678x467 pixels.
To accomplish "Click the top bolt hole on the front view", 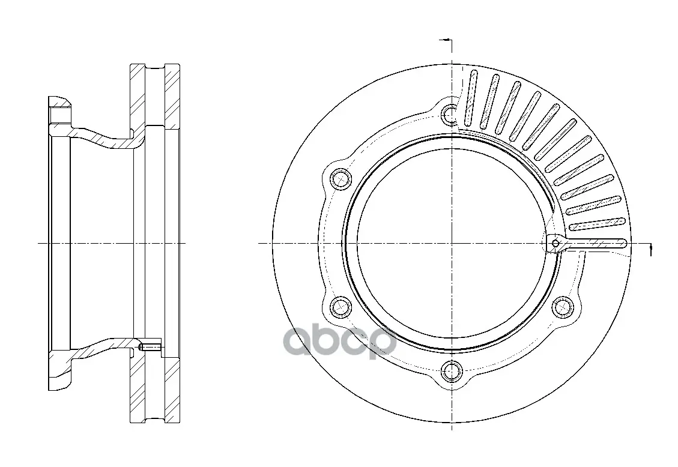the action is point(452,114).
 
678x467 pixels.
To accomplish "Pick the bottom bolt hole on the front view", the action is point(452,370).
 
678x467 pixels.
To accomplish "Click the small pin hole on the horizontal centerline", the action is point(555,244).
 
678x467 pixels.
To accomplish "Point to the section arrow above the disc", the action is point(446,40).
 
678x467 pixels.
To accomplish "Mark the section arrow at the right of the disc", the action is point(651,250).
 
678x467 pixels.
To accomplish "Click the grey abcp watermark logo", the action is point(340,343).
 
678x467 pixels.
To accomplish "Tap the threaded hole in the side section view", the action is point(149,347).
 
